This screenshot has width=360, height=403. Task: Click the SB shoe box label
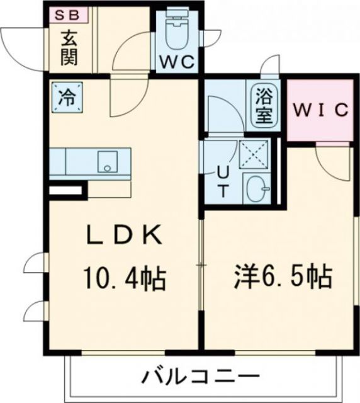coord(69,14)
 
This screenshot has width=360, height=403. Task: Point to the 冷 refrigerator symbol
coord(66,98)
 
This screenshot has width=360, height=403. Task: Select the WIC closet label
coord(319,111)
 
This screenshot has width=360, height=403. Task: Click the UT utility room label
coord(222,181)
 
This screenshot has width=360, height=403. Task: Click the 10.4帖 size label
coord(124,278)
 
